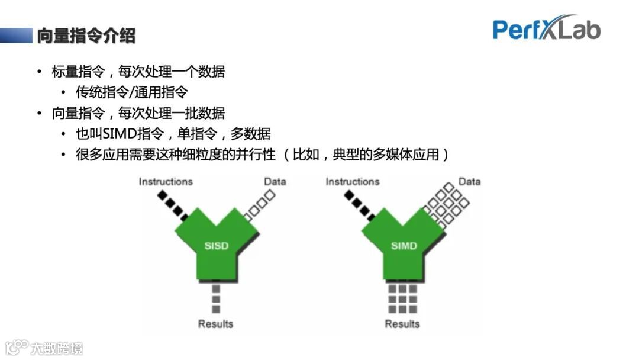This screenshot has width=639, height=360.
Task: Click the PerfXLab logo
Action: pyautogui.click(x=546, y=29)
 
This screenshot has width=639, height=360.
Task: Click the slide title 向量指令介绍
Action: pyautogui.click(x=86, y=36)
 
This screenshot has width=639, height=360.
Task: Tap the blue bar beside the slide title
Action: pyautogui.click(x=16, y=36)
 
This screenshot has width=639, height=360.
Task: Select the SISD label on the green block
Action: pyautogui.click(x=216, y=246)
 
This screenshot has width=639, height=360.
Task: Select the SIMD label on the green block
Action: pyautogui.click(x=404, y=246)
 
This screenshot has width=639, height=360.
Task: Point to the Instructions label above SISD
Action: pyautogui.click(x=166, y=181)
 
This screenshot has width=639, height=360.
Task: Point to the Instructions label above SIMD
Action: pyautogui.click(x=352, y=181)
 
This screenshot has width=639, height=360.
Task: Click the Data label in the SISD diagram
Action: pyautogui.click(x=275, y=181)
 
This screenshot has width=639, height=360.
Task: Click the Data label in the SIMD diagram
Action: pyautogui.click(x=469, y=181)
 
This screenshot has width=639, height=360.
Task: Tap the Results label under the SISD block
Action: pyautogui.click(x=215, y=324)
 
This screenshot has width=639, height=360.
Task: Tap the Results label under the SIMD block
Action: pyautogui.click(x=402, y=324)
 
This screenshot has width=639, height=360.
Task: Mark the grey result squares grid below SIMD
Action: pyautogui.click(x=402, y=299)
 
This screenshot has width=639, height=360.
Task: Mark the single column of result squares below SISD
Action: pyautogui.click(x=216, y=299)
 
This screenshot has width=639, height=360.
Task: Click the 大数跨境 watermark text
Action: pyautogui.click(x=57, y=348)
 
